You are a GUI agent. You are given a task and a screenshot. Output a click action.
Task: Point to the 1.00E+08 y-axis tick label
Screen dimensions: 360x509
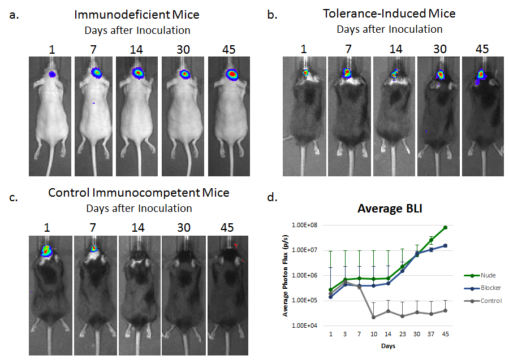pyautogui.click(x=304, y=225)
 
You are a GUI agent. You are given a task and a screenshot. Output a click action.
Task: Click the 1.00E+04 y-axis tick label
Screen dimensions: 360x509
pyautogui.click(x=304, y=326)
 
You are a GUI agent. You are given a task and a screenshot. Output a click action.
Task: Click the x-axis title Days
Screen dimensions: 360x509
pyautogui.click(x=388, y=345)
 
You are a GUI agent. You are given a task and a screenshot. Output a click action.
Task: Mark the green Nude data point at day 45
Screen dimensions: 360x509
pyautogui.click(x=446, y=227)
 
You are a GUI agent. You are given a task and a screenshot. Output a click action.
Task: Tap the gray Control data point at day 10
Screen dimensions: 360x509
pyautogui.click(x=373, y=317)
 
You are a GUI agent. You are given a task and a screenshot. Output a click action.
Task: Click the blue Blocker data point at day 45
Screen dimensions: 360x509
pyautogui.click(x=446, y=245)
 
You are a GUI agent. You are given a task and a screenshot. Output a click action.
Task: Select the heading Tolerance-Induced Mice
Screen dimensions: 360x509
pyautogui.click(x=389, y=14)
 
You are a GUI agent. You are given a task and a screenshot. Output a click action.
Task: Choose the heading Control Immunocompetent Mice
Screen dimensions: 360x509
pyautogui.click(x=139, y=193)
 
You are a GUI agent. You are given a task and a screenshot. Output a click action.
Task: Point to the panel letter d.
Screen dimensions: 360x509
pyautogui.click(x=271, y=197)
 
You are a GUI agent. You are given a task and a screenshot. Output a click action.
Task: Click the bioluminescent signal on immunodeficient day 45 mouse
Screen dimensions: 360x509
pyautogui.click(x=231, y=74)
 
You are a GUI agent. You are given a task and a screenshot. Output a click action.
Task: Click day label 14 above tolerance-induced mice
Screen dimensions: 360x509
pyautogui.click(x=395, y=49)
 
